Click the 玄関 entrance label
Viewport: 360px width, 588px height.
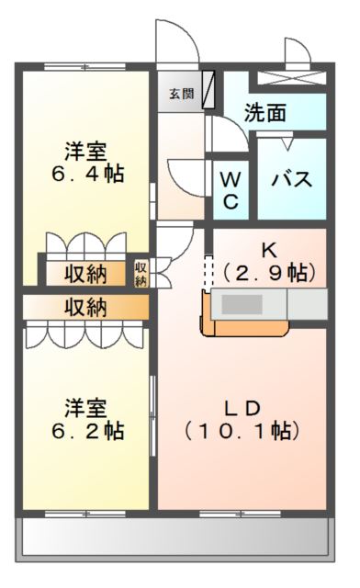pos(181,92)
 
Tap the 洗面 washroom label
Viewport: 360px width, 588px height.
pos(264,112)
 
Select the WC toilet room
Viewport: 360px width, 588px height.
pos(231,187)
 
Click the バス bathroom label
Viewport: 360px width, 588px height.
pos(290,177)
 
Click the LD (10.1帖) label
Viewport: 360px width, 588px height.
pos(242,418)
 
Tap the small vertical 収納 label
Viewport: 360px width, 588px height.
pos(141,274)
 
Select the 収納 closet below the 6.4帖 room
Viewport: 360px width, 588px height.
pos(85,273)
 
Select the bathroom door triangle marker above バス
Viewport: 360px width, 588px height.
pos(287,142)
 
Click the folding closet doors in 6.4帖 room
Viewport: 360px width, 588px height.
pos(85,244)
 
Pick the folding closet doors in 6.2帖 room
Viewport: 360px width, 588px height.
pos(85,334)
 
